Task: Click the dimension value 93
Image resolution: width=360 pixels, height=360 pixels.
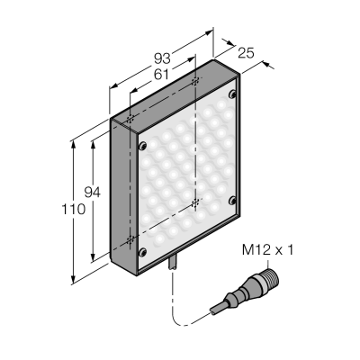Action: click(162, 58)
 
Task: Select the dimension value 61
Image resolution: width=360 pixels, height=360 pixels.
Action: click(161, 74)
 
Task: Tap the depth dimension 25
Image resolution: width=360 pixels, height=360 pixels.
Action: click(246, 53)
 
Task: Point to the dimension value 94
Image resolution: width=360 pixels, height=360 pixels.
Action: click(92, 193)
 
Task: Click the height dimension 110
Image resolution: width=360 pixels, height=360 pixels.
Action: click(74, 209)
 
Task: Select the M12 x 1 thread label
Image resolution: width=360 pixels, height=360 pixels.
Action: click(267, 250)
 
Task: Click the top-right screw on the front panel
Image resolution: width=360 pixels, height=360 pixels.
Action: click(232, 94)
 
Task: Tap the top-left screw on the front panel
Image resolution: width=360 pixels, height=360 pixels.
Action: click(142, 146)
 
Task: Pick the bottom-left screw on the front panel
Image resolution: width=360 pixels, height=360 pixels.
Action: click(142, 252)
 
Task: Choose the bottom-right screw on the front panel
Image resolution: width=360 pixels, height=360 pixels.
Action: click(232, 201)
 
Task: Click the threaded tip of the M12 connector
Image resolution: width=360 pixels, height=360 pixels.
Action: click(273, 277)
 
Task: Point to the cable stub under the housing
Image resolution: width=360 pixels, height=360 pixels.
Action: click(173, 263)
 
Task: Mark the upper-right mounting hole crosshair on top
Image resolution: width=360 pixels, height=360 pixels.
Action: click(195, 81)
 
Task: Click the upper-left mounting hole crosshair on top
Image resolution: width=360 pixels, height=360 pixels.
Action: click(130, 119)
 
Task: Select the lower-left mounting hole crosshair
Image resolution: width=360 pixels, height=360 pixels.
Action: click(130, 240)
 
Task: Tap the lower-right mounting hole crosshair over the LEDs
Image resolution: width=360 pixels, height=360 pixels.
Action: click(195, 203)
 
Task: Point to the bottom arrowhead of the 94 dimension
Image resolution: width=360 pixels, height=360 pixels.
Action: click(93, 256)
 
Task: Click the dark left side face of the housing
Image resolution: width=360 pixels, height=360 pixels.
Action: click(124, 195)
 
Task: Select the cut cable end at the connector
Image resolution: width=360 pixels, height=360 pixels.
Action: click(213, 311)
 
